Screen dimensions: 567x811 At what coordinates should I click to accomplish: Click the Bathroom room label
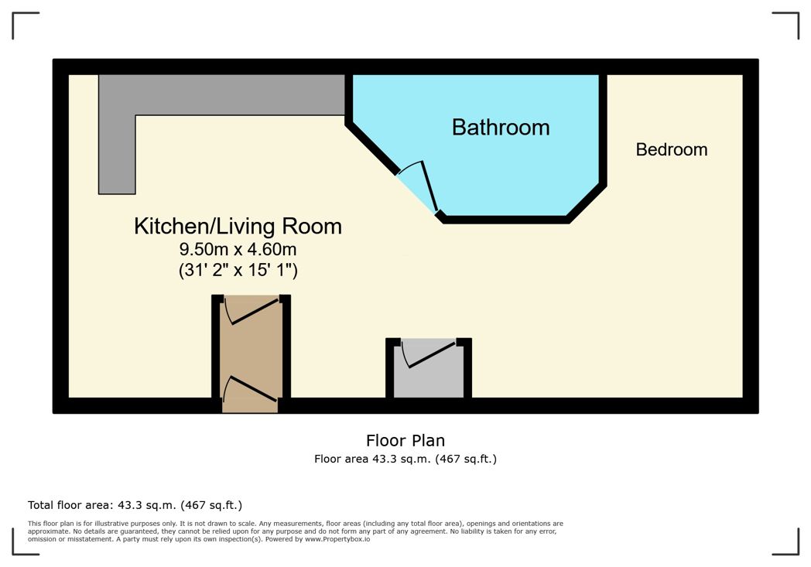point(501,127)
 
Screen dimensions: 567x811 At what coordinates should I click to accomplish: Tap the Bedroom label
point(671,149)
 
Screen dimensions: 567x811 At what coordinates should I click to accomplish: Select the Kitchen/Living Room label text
point(238,227)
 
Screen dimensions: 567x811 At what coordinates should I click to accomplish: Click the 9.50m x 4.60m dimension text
point(238,250)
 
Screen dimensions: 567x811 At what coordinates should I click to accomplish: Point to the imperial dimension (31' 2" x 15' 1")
point(238,270)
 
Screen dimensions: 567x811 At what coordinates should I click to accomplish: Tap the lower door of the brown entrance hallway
point(249,388)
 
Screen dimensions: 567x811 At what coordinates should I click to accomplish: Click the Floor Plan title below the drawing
point(405,441)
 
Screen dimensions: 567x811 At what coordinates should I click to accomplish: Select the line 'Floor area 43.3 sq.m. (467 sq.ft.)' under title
point(405,459)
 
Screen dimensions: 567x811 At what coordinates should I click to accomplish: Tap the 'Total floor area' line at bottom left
point(135,505)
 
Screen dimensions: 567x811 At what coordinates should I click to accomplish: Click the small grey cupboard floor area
point(429,379)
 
